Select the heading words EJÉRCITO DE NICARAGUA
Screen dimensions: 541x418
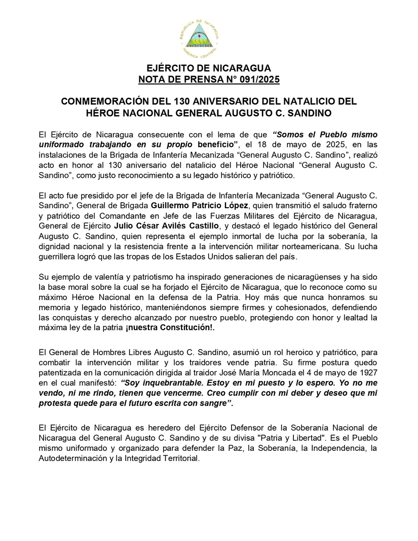[x=209, y=69]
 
